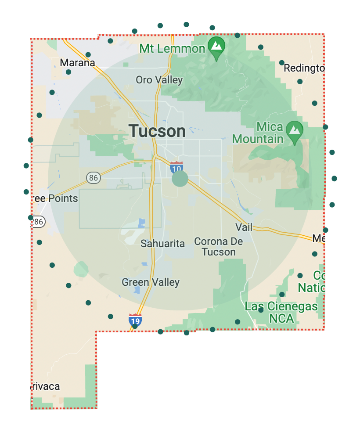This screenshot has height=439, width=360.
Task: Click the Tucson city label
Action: coord(157,131)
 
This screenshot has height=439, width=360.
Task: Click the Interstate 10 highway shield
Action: coord(176,167)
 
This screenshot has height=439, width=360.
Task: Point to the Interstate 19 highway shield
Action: coord(135,320)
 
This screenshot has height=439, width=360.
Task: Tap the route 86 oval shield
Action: coord(93,178)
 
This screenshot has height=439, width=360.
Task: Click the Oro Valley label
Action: coord(159,80)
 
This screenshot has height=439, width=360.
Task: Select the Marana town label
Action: coord(77,63)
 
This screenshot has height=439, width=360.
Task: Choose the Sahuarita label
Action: coord(162,244)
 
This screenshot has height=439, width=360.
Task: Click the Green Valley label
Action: coord(151,282)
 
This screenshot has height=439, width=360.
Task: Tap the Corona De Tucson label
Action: coord(219,247)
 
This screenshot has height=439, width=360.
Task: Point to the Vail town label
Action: coord(244,227)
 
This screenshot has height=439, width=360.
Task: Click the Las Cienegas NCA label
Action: coord(281,312)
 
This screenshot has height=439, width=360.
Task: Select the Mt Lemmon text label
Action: coord(172,48)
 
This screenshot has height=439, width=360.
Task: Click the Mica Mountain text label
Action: coord(258,133)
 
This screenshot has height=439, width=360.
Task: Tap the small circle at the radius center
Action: coord(180,179)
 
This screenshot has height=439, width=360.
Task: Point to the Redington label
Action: coord(304,68)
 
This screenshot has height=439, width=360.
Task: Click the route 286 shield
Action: coord(38,222)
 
